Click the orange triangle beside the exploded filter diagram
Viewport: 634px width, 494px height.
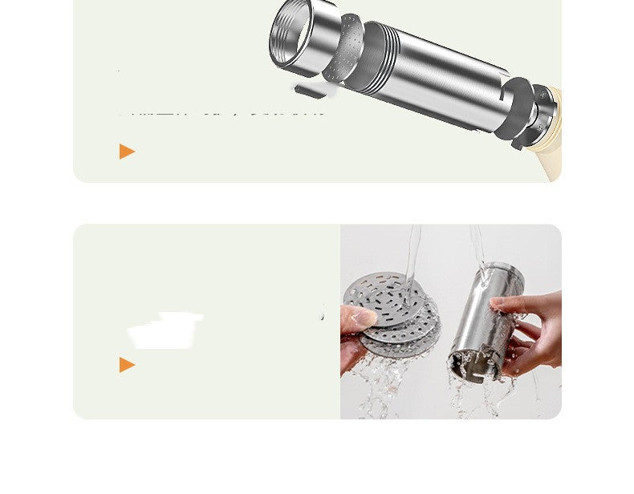coord(127,151)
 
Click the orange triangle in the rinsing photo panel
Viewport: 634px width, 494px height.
coord(127,365)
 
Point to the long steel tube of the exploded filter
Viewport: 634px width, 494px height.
coord(437,76)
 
